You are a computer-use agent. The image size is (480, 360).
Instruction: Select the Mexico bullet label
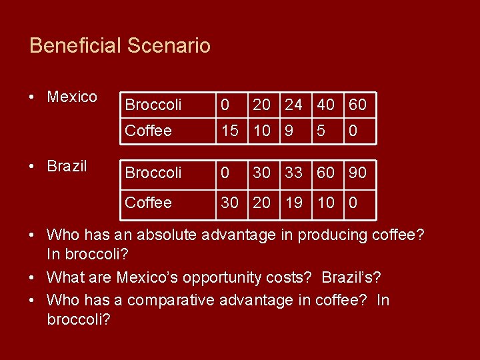(x=72, y=97)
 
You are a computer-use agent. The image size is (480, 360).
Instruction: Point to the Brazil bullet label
(x=67, y=166)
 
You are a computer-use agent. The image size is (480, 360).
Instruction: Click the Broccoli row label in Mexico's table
(x=153, y=105)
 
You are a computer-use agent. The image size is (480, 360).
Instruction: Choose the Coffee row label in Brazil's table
(x=148, y=202)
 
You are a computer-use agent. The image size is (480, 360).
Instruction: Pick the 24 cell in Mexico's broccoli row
(x=293, y=105)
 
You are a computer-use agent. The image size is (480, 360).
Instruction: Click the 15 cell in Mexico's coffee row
(x=229, y=131)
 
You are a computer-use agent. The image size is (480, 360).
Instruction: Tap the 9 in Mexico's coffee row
(x=289, y=131)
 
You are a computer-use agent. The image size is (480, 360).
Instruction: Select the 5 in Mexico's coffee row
(x=321, y=131)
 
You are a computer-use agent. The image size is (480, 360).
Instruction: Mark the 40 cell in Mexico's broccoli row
(x=326, y=105)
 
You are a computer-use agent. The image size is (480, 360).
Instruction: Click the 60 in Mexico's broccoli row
(x=357, y=105)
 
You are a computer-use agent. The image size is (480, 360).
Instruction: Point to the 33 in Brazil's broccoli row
(x=293, y=173)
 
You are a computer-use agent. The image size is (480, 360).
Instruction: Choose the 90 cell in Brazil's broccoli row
(x=357, y=173)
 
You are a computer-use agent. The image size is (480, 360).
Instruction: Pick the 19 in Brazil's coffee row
(x=293, y=202)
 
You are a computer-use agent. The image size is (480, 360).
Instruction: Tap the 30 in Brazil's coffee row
(x=229, y=202)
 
